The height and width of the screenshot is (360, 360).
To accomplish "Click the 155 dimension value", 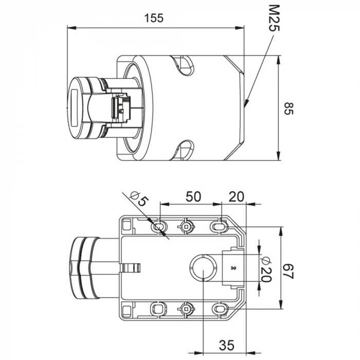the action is [x=154, y=18].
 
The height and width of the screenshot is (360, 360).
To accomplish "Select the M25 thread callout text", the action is [x=274, y=19].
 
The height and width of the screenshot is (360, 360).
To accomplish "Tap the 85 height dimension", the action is [x=289, y=109].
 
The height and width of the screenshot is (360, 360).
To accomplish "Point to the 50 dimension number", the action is [x=193, y=196].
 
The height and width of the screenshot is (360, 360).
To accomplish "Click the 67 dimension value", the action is [x=288, y=272].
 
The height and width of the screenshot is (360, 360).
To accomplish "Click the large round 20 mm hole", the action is [x=204, y=267].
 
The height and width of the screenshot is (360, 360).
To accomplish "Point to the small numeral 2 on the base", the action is [x=233, y=268].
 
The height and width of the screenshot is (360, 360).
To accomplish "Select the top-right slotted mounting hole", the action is [x=219, y=227].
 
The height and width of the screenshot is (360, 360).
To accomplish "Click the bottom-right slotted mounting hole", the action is [x=219, y=309].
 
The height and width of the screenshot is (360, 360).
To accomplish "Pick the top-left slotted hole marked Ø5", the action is [x=158, y=227].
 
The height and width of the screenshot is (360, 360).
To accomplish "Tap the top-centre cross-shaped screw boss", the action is [x=186, y=227].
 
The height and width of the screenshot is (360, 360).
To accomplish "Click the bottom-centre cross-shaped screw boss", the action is [x=186, y=309].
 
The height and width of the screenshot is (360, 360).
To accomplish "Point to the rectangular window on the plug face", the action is [x=75, y=107].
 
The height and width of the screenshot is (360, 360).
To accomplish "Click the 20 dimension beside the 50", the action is [x=237, y=196].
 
